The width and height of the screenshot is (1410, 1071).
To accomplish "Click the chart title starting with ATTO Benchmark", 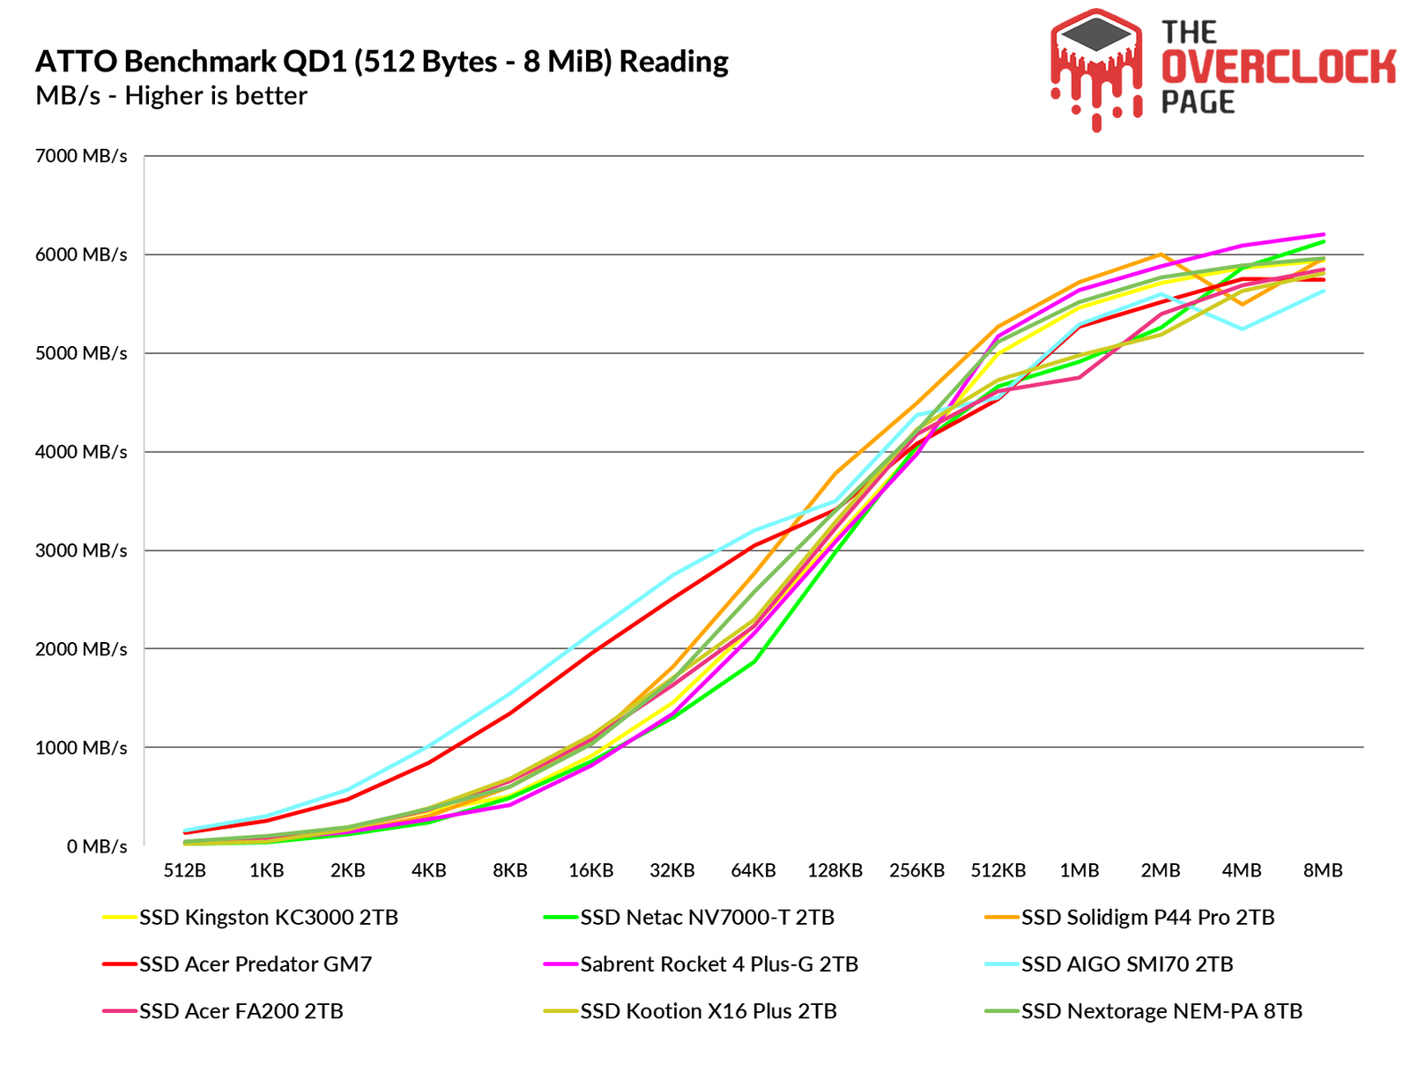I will click(x=382, y=62).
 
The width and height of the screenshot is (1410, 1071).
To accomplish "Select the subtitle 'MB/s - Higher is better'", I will click(x=171, y=95).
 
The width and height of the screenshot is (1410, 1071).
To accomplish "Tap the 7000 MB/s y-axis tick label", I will click(x=81, y=156).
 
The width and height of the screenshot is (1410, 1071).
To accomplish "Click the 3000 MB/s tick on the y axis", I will click(x=81, y=550).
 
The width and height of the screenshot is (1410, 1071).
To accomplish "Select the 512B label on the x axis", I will click(x=185, y=870).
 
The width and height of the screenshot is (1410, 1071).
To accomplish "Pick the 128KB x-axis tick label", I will click(x=835, y=870).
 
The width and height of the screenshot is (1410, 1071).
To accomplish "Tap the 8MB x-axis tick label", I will click(x=1323, y=870).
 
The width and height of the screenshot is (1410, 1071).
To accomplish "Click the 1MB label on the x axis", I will click(x=1079, y=870).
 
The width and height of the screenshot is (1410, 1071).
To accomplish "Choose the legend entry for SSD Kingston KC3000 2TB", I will click(x=268, y=918).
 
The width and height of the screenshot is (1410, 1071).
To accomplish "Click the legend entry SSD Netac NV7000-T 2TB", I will click(x=707, y=918).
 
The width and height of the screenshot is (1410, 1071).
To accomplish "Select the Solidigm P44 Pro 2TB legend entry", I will click(x=1147, y=918).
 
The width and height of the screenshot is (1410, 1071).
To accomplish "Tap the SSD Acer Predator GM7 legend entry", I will click(x=256, y=964).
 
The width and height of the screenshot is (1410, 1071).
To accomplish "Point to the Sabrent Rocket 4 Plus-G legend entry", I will click(x=718, y=964).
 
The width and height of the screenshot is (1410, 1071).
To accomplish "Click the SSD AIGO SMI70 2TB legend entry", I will click(x=1126, y=964).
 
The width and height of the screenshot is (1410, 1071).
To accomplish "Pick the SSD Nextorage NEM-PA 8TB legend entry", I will click(x=1161, y=1011).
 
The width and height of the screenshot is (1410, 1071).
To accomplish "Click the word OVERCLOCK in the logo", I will click(x=1278, y=68).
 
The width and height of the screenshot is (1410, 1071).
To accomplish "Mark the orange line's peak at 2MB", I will click(x=1160, y=255).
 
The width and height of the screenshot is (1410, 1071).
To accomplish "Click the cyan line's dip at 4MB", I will click(x=1242, y=329).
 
